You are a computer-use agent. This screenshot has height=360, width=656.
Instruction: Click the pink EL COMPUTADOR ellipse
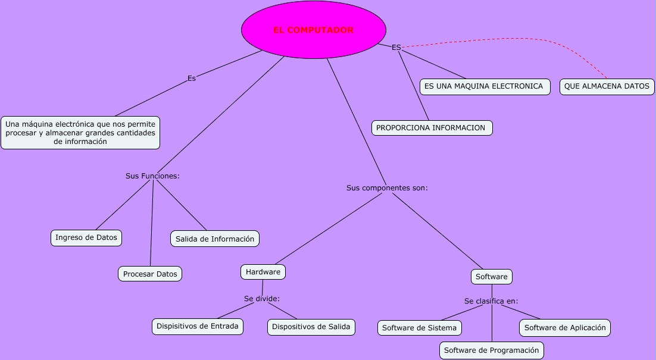pos(313,30)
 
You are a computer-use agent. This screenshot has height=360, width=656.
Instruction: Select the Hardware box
pos(263,272)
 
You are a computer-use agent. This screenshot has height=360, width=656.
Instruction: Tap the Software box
pos(491,277)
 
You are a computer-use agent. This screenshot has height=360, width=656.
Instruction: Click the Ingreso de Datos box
pos(86,237)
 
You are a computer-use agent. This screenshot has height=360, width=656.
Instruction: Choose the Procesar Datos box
pos(150,274)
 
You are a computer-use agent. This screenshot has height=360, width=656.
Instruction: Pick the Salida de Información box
pos(215,239)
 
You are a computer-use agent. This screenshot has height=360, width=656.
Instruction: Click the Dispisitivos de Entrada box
pos(197,326)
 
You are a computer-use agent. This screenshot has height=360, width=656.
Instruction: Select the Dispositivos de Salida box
pos(311,327)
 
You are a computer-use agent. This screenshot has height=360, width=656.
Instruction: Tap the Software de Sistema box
pos(419,328)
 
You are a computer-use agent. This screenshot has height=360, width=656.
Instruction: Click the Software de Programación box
pos(491,350)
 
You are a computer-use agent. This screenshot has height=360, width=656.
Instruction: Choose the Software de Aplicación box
pos(564,327)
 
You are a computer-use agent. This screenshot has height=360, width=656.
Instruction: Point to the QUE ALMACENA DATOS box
pos(607,86)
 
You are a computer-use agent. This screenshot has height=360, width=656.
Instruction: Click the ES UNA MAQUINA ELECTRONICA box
pos(483,86)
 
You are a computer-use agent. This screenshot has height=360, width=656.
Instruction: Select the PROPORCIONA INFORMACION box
pos(432,127)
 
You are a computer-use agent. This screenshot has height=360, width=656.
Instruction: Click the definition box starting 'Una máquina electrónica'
pos(80,133)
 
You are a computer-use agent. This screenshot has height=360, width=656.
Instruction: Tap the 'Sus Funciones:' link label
pos(152,176)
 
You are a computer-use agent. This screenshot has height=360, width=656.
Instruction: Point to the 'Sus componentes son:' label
pos(387,188)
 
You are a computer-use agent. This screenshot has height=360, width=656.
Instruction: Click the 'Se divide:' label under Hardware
pos(261,299)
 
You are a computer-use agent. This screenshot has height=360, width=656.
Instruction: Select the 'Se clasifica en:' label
pos(491,301)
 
